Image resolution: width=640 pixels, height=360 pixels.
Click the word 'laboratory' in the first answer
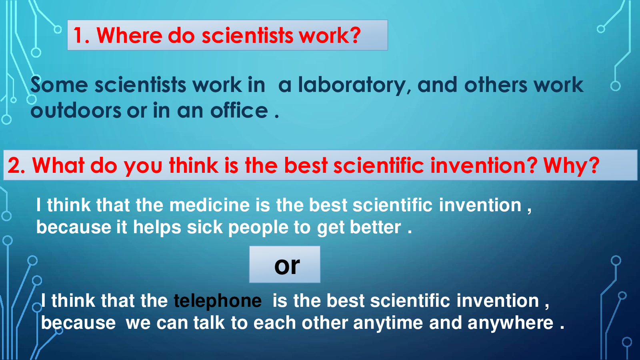pos(352,86)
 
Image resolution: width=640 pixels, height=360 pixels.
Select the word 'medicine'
pos(210,205)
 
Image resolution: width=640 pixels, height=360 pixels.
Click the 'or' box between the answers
pos(285,264)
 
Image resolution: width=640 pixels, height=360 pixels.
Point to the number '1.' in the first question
pos(82,36)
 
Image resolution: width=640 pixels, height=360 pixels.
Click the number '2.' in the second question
pos(16,166)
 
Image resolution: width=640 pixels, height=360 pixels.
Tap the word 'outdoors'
pos(76,110)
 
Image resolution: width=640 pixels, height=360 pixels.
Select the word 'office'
pos(239,110)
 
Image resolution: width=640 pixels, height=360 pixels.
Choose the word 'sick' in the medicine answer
pos(205,228)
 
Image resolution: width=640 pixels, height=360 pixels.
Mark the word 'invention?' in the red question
pos(484,166)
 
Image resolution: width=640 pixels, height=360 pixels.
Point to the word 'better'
pos(376,228)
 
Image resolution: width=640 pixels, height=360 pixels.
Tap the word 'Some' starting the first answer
pos(59,85)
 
